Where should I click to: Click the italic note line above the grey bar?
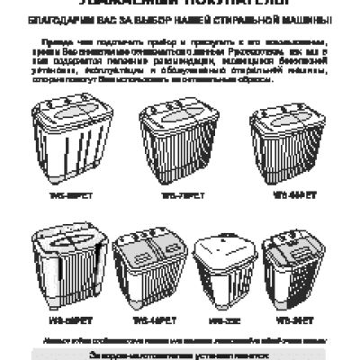[180, 339]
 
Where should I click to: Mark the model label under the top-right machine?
[287, 193]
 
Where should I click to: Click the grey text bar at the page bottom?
[180, 355]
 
